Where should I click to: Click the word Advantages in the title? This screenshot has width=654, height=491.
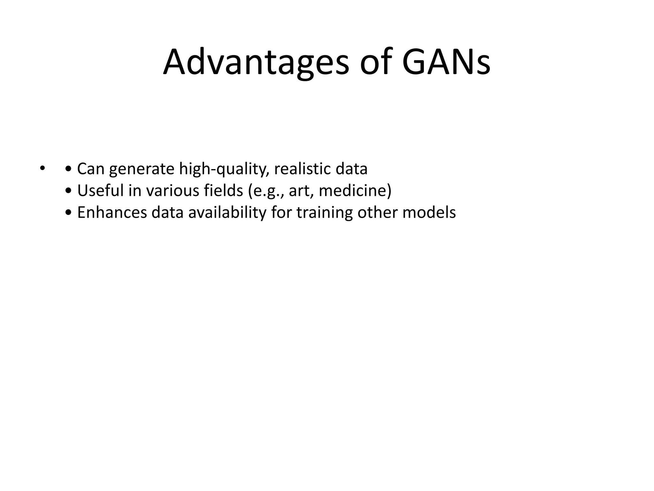click(256, 62)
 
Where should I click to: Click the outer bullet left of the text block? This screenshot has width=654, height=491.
click(42, 168)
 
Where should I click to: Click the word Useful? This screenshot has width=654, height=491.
click(100, 191)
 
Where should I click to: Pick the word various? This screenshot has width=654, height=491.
click(172, 191)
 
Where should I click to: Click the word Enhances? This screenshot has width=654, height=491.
click(112, 213)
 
